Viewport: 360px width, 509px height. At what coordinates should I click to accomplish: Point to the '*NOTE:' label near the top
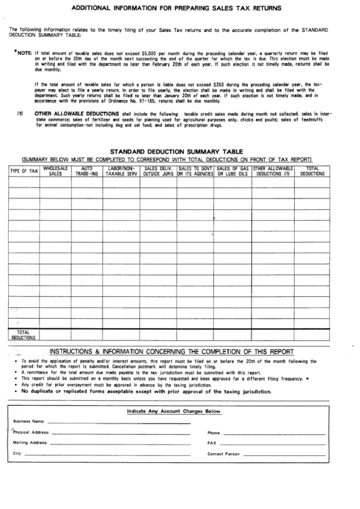tap(22, 52)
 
